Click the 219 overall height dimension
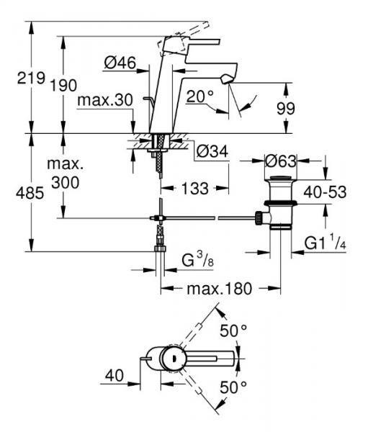pyautogui.click(x=31, y=78)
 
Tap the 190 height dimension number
pyautogui.click(x=63, y=85)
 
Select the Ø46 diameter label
pyautogui.click(x=120, y=63)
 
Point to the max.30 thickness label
pyautogui.click(x=105, y=100)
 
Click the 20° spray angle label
pyautogui.click(x=200, y=96)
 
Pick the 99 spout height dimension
pyautogui.click(x=286, y=108)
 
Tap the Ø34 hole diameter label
pyautogui.click(x=212, y=151)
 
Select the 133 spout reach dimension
pyautogui.click(x=195, y=189)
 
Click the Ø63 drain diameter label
pyautogui.click(x=281, y=161)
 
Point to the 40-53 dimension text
pyautogui.click(x=326, y=192)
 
